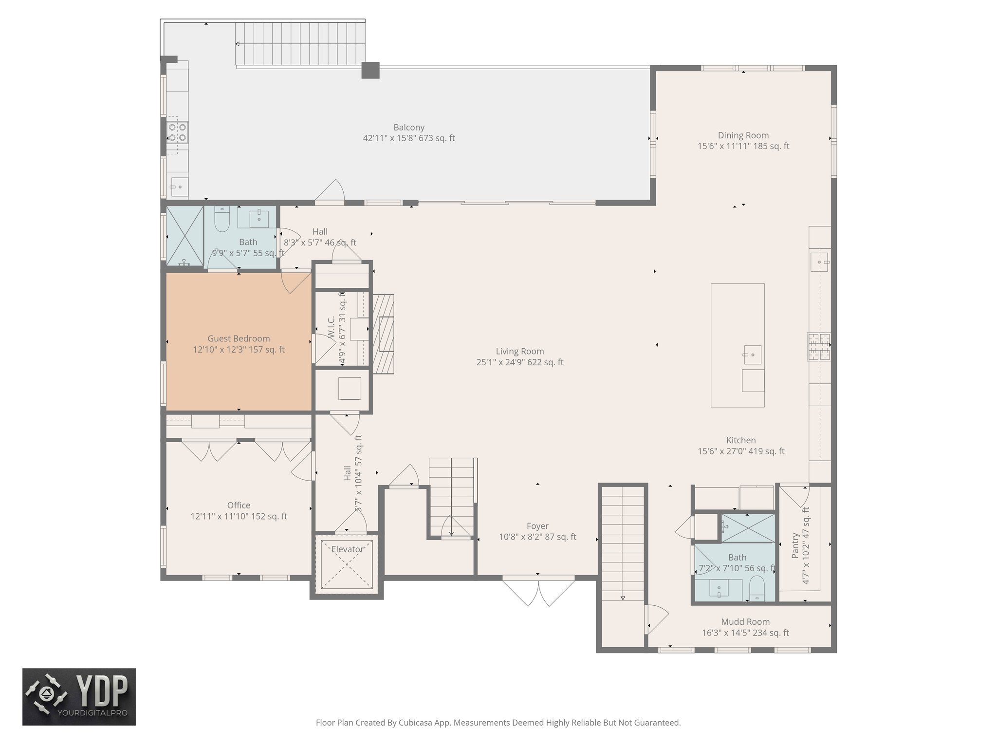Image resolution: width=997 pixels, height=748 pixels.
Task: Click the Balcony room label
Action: coord(409,128)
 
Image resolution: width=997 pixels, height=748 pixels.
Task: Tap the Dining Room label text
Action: coord(743,135)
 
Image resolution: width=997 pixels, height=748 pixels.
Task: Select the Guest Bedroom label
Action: coord(239,338)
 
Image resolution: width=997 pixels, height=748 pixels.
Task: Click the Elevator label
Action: coord(347,549)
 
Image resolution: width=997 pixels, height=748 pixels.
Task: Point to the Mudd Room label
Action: coord(745,622)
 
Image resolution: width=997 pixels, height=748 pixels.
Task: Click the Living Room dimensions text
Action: coord(519,362)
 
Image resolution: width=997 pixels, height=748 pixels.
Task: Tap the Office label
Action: coord(239,505)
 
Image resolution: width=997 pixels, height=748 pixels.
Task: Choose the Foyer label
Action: coord(537,526)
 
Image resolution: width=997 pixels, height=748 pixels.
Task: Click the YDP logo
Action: coord(79,697)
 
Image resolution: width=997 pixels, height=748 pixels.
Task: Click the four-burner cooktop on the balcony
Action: coord(177,132)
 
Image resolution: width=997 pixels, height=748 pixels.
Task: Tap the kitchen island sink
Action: coord(752,355)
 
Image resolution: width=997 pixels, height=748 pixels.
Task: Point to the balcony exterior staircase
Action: coord(300,44)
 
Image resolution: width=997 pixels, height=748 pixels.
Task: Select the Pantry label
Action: coord(795,545)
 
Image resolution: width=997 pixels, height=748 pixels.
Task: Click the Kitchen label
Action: coord(741,440)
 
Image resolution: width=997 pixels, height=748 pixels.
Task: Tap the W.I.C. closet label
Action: coord(332,328)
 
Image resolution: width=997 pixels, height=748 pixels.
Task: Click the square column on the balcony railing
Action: coord(370,70)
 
